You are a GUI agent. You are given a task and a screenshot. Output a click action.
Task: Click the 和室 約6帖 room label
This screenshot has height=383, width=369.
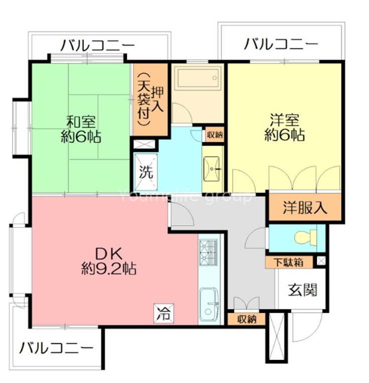(81, 129)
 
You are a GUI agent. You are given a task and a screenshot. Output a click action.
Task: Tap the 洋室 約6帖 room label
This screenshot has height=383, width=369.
(284, 127)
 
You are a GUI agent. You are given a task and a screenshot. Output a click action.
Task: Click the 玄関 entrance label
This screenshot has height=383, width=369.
(303, 289)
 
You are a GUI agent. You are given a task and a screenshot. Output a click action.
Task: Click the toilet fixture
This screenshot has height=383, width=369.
(306, 237)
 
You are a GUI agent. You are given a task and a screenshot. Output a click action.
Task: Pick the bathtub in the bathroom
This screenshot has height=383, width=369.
(197, 78)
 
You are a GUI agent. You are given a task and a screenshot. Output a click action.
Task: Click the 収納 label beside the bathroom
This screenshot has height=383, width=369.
(214, 134)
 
